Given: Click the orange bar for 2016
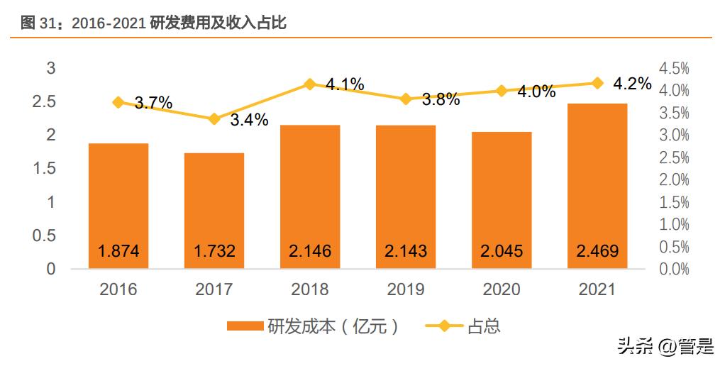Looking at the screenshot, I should pos(118,206).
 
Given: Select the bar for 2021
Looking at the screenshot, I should pos(597,186).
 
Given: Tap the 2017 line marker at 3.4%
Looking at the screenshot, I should pos(214,119).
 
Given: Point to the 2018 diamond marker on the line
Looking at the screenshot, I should pos(310,84).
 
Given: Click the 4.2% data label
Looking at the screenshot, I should pos(632,83).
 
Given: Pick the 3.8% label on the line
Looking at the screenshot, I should pos(441,99).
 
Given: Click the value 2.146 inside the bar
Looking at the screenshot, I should pos(310,251).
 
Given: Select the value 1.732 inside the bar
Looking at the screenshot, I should pos(214,251).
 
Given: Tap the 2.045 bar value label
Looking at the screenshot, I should pos(502,251).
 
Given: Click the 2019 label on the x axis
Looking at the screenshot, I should pos(406,289).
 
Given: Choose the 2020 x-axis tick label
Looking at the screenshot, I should pos(502,289).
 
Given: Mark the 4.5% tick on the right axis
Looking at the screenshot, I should pos(674,68).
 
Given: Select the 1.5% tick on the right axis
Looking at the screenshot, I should pos(674,202).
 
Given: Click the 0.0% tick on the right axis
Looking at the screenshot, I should pos(674,270).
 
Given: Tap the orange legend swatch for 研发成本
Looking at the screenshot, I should pos(245,327).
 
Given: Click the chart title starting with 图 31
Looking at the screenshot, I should pos(153,23).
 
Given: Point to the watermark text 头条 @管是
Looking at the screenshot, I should pos(665,347).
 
